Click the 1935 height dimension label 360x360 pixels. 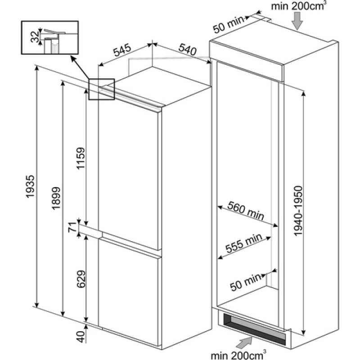[x=30, y=186]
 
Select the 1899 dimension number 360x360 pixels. [x=56, y=198]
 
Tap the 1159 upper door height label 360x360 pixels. [x=81, y=158]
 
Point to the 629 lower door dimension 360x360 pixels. [x=81, y=279]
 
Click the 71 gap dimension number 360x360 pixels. [x=72, y=227]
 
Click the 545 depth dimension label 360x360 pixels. [x=122, y=50]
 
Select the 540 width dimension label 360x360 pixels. [x=188, y=49]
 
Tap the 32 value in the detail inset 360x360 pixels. [x=35, y=36]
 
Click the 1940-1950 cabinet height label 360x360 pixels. [x=298, y=211]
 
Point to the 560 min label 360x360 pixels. [x=246, y=211]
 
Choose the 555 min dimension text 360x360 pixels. [x=244, y=243]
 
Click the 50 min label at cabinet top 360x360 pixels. [x=229, y=24]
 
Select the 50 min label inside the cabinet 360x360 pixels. [x=246, y=282]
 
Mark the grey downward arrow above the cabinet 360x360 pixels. [x=297, y=21]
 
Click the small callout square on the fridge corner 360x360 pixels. [x=102, y=89]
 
